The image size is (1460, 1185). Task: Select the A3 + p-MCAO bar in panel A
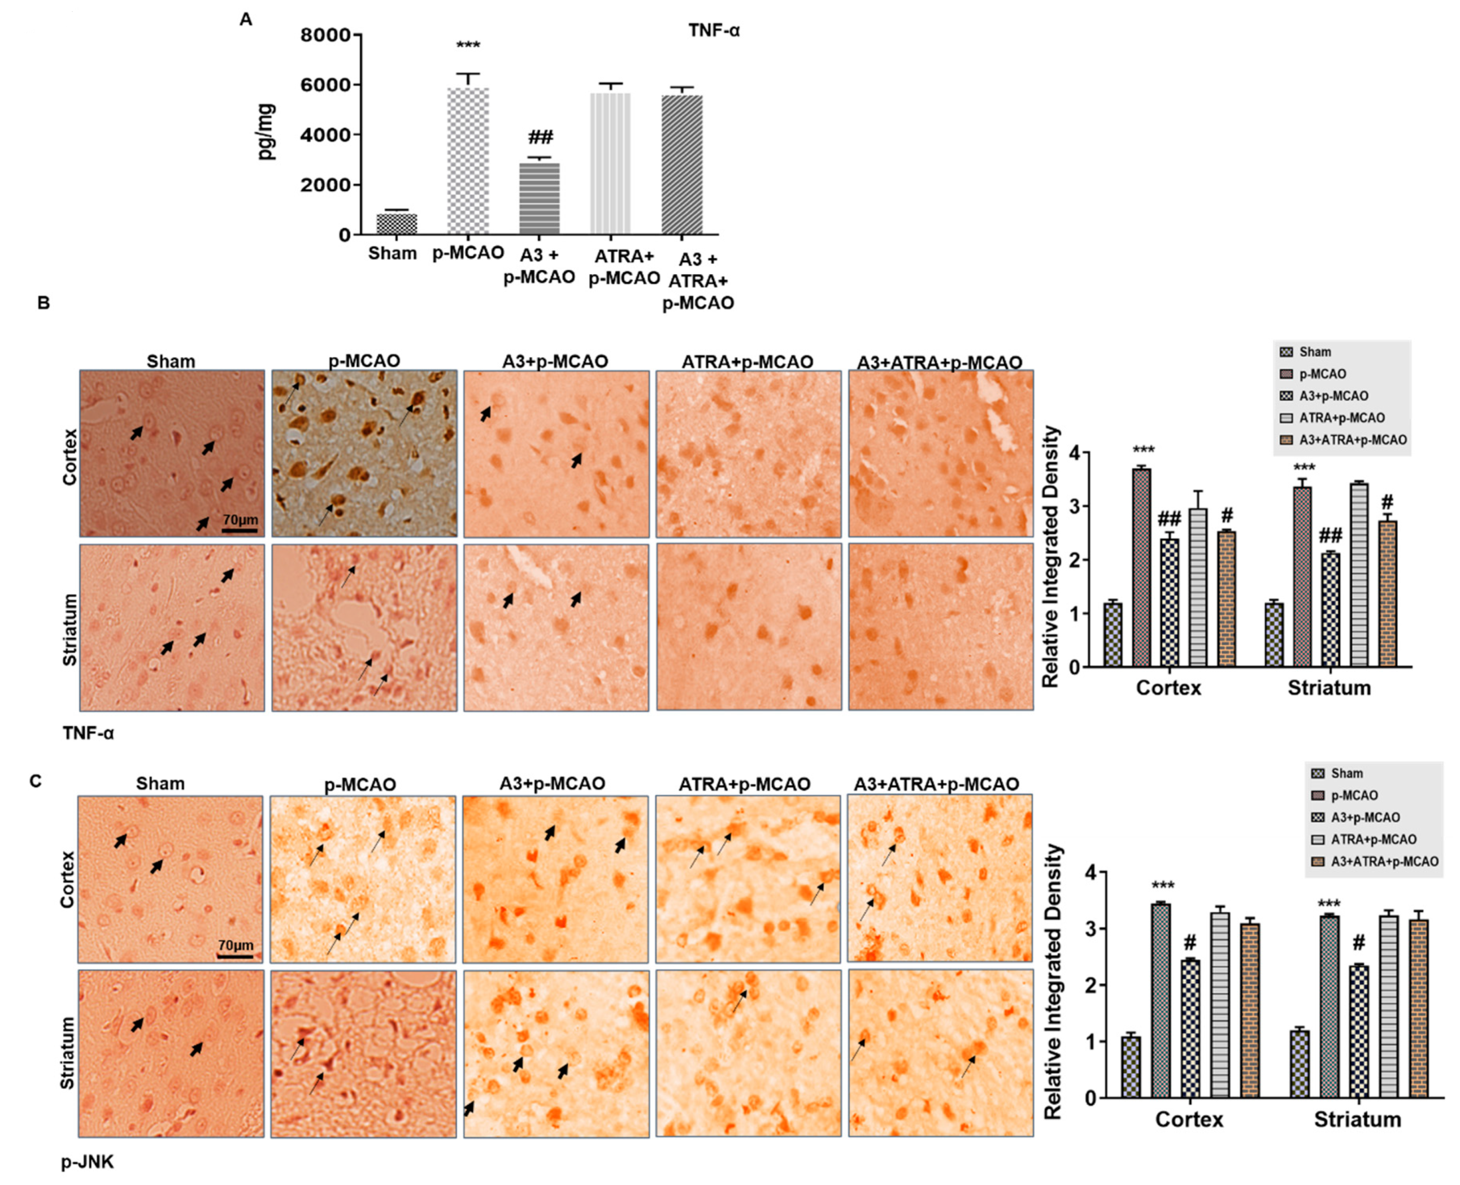click(x=539, y=199)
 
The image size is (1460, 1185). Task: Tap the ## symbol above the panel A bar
click(x=540, y=137)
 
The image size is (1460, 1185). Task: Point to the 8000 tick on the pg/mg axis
click(x=325, y=35)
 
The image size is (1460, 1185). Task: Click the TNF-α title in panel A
click(x=713, y=31)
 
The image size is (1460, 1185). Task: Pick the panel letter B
click(x=44, y=302)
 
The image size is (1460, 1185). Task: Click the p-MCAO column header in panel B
click(x=364, y=361)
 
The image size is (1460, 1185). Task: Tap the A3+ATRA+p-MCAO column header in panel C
click(x=936, y=784)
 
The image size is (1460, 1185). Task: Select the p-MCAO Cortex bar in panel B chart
click(x=1141, y=567)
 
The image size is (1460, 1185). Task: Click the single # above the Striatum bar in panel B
click(x=1387, y=502)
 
